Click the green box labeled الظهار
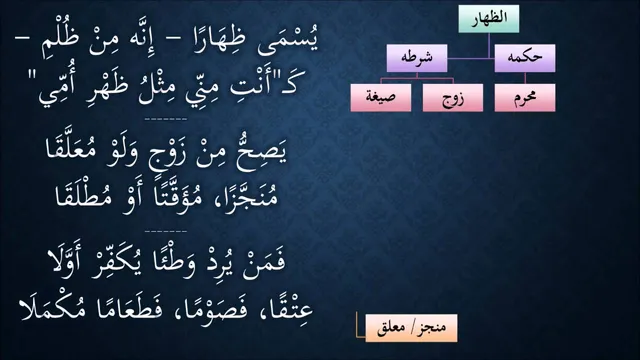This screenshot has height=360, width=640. [x=489, y=19]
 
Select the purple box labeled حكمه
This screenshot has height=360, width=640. [x=524, y=58]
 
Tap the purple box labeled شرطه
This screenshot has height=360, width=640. [x=417, y=58]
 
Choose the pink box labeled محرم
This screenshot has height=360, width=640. [x=524, y=98]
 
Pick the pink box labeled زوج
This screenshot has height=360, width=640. [x=453, y=98]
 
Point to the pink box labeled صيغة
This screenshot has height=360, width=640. [x=380, y=98]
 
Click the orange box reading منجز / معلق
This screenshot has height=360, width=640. [x=411, y=328]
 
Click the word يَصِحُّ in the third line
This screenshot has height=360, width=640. [x=261, y=153]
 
